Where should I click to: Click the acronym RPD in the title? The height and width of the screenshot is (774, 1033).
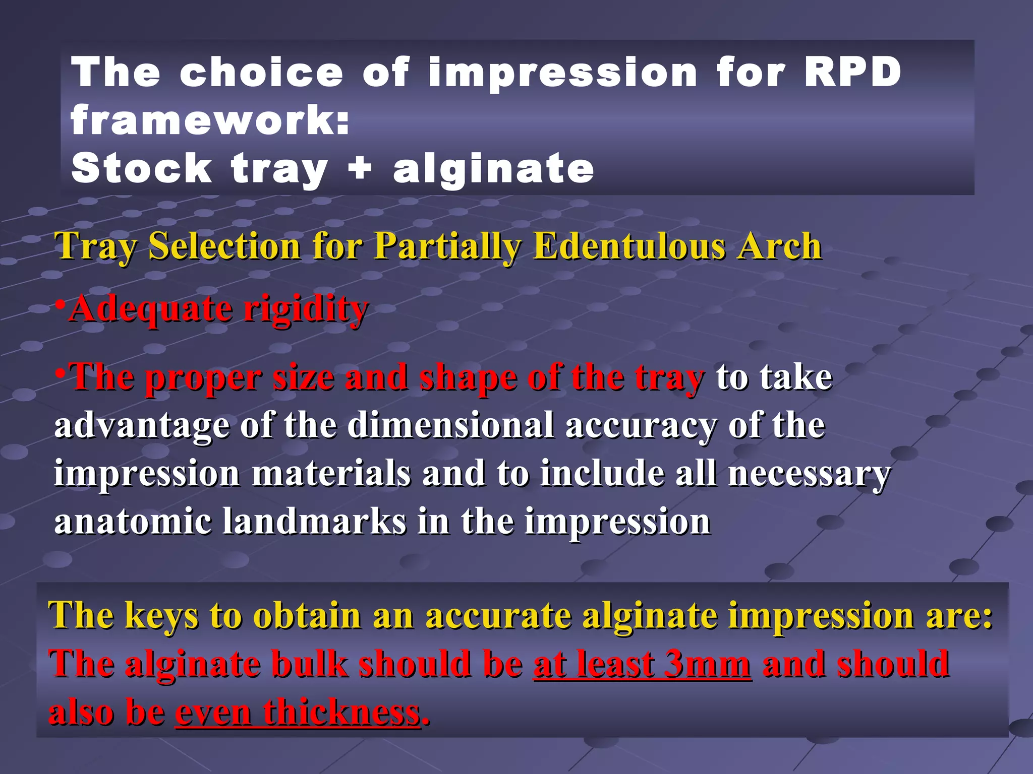852,72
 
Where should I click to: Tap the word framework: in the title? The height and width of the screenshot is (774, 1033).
210,120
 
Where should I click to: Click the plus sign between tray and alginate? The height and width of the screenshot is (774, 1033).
360,168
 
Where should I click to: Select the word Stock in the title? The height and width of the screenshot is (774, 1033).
141,168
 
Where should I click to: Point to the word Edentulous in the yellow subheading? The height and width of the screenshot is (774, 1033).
628,246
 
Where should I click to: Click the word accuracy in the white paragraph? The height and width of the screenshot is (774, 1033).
641,426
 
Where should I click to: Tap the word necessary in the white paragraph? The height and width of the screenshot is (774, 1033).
809,474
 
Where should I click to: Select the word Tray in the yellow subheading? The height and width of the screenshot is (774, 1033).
95,246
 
